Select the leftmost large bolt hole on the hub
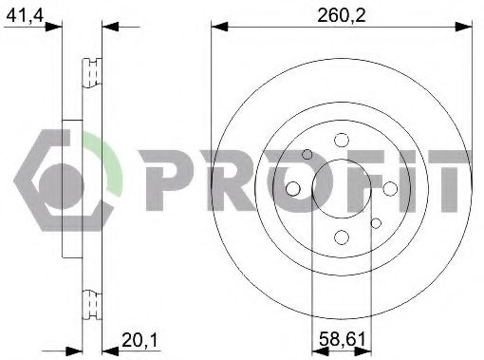pos(293,188)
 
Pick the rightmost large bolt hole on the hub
pos(390,188)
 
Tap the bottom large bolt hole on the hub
pos(342,237)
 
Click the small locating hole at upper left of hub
pos(307,154)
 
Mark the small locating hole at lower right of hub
pos(376,223)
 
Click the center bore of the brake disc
pos(342,188)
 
